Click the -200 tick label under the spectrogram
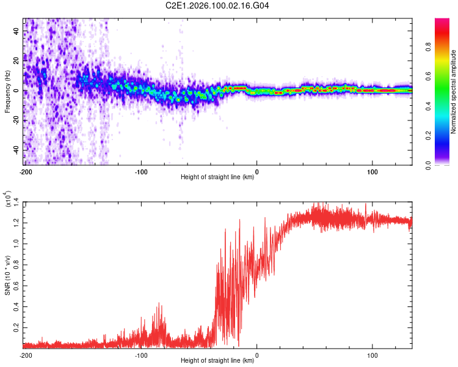pyautogui.click(x=25, y=171)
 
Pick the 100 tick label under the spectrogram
pyautogui.click(x=372, y=171)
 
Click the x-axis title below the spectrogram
pyautogui.click(x=217, y=178)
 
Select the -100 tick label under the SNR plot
pyautogui.click(x=141, y=355)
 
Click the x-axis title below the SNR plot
pyautogui.click(x=217, y=361)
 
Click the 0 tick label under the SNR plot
pyautogui.click(x=256, y=355)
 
